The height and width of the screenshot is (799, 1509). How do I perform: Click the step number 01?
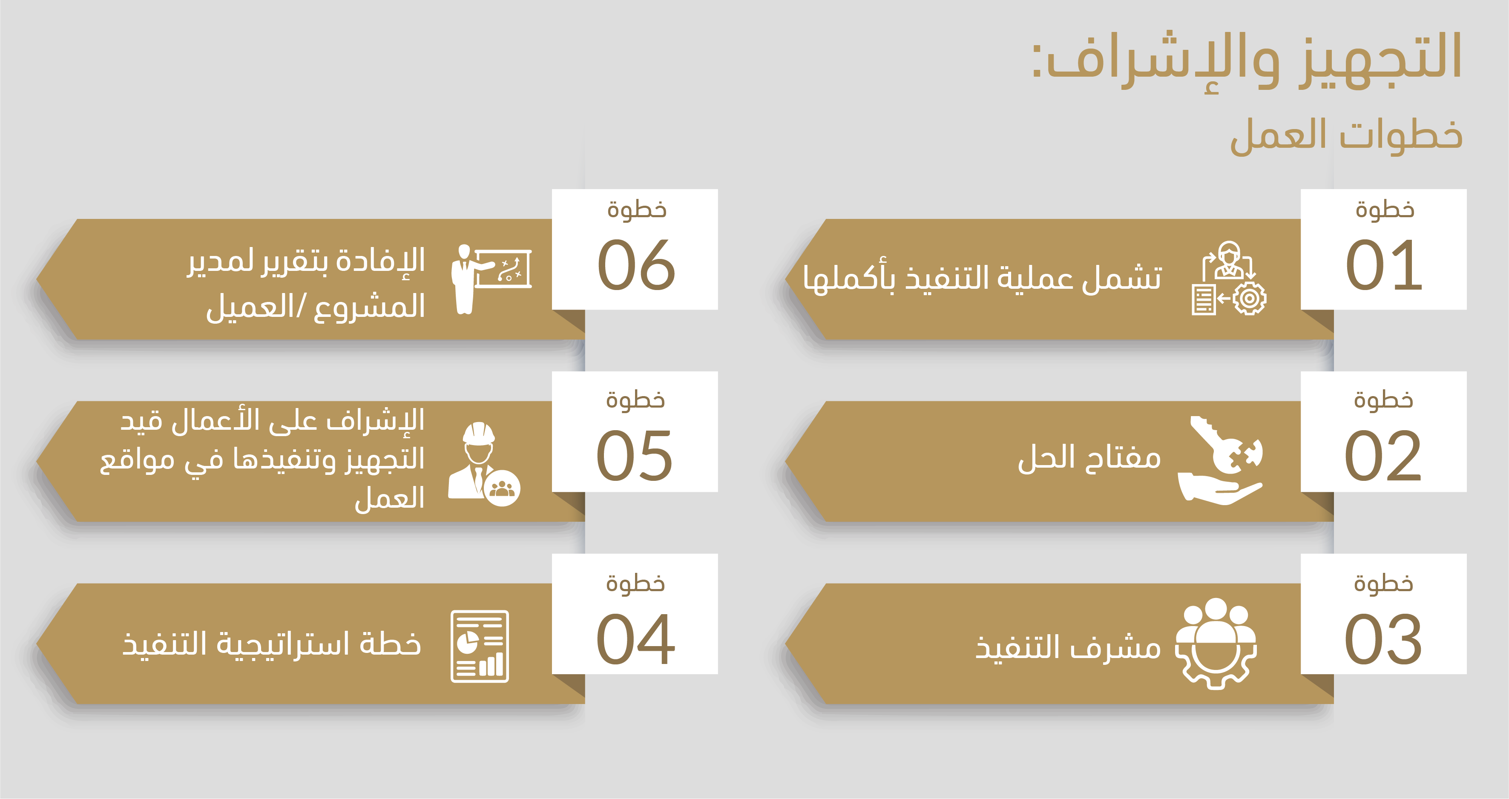click(x=1384, y=265)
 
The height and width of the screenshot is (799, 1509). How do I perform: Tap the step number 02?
click(x=1383, y=455)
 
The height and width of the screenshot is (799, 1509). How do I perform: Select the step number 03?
click(x=1383, y=639)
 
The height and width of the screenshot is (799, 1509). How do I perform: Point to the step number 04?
click(x=635, y=639)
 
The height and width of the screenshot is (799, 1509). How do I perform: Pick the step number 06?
click(x=636, y=265)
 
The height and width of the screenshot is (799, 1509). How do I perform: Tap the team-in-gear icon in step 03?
click(x=1216, y=643)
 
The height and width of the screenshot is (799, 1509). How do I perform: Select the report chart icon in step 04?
click(x=480, y=646)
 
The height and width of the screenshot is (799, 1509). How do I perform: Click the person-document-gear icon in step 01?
click(x=1229, y=278)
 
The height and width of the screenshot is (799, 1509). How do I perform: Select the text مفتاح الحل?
click(x=1089, y=457)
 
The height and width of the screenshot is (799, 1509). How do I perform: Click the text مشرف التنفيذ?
click(x=1068, y=647)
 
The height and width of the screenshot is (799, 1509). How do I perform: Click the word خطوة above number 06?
click(x=637, y=209)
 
